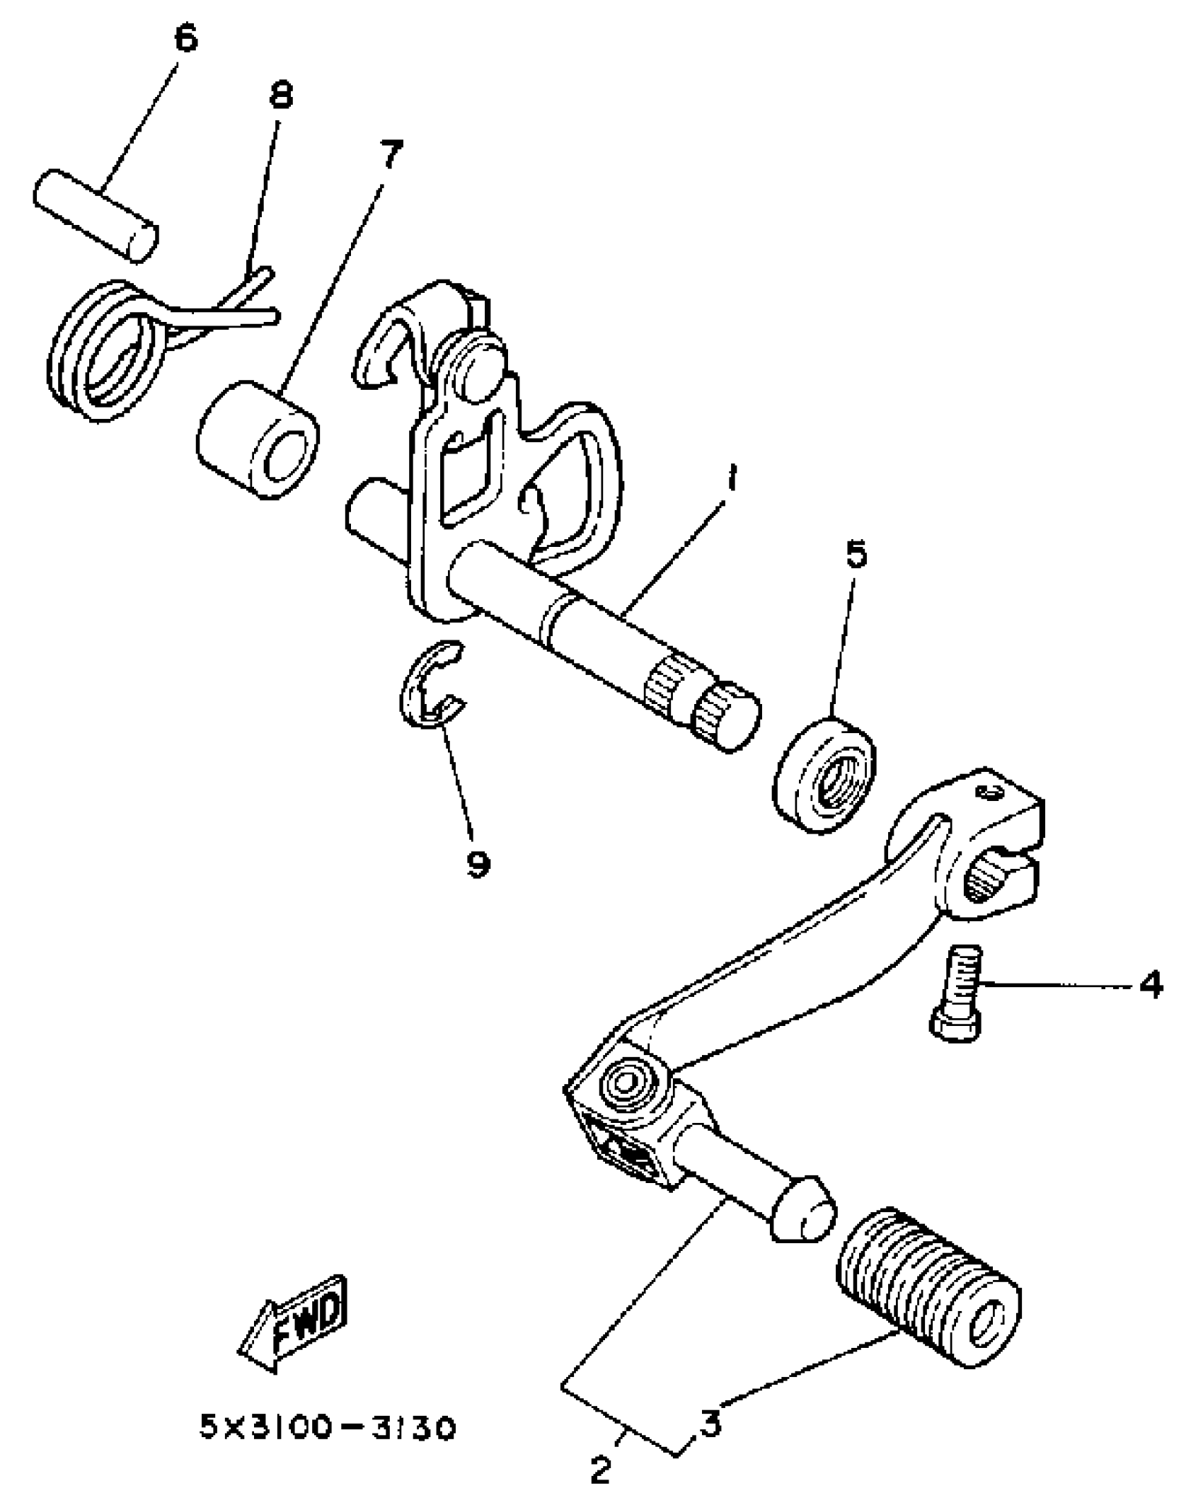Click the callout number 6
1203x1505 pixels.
pyautogui.click(x=185, y=39)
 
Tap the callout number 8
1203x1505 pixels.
pyautogui.click(x=281, y=96)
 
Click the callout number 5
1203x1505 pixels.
pyautogui.click(x=856, y=555)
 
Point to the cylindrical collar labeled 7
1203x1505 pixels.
pyautogui.click(x=256, y=441)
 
